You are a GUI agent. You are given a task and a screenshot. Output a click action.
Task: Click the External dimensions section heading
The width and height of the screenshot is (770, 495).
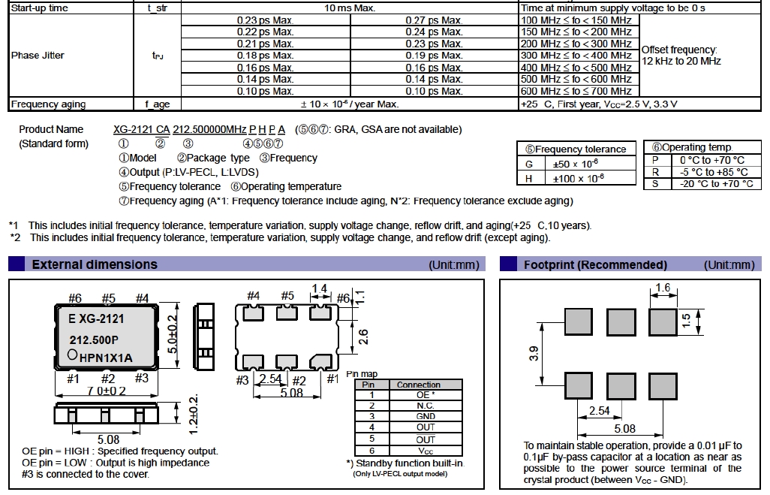[x=95, y=264]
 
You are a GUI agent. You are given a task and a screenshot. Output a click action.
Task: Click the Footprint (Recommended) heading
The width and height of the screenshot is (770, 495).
[x=595, y=264]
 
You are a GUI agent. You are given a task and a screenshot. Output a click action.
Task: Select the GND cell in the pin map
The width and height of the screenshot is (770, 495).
[x=426, y=416]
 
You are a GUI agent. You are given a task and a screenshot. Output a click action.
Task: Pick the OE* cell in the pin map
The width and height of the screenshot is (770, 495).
[x=426, y=394]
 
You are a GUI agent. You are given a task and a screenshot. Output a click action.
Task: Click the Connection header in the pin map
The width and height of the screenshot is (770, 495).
[x=419, y=384]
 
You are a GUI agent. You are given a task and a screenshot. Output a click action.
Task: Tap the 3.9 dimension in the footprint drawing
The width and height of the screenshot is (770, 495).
[x=534, y=354]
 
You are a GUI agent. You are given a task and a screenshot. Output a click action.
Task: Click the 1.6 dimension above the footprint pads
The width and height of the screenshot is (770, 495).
[x=663, y=288]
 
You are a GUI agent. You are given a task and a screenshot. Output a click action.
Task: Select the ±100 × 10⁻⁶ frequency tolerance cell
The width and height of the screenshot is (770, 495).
[x=578, y=178]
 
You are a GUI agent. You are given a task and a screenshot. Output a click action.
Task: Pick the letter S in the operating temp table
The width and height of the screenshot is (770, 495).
[x=655, y=183]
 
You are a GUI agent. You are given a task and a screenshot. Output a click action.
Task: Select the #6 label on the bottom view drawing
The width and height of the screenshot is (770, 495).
[x=342, y=298]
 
